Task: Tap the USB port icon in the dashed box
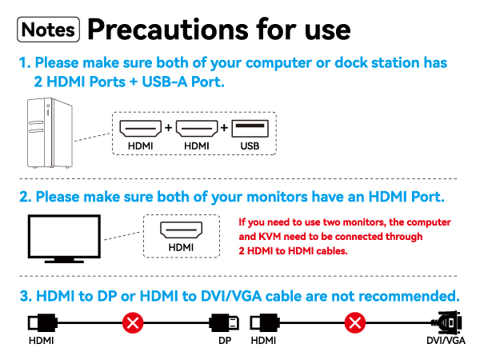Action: (x=250, y=128)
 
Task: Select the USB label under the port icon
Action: (x=250, y=146)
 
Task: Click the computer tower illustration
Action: (x=46, y=133)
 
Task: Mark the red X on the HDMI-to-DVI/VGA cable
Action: (x=354, y=323)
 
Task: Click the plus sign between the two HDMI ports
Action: (x=168, y=128)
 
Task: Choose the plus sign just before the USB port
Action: (x=223, y=128)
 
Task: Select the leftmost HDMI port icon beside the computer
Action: (x=140, y=128)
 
